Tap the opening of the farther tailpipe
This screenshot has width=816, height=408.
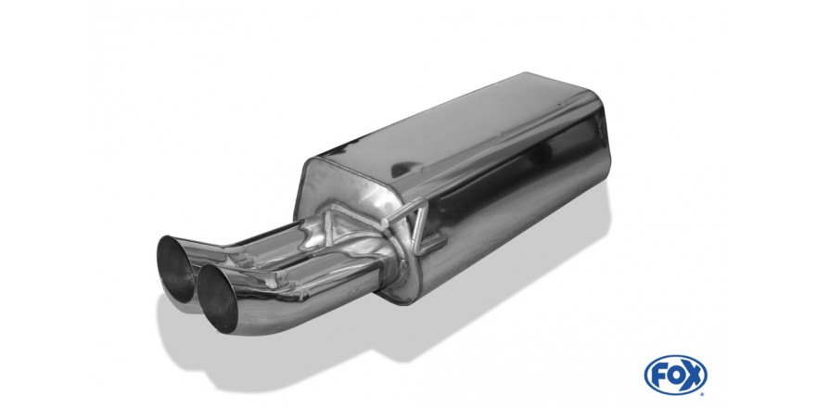point(175,268)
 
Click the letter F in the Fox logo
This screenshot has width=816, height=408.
point(659,376)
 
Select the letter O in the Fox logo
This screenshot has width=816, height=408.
point(675,376)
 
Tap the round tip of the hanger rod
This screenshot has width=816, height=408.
point(385,223)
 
